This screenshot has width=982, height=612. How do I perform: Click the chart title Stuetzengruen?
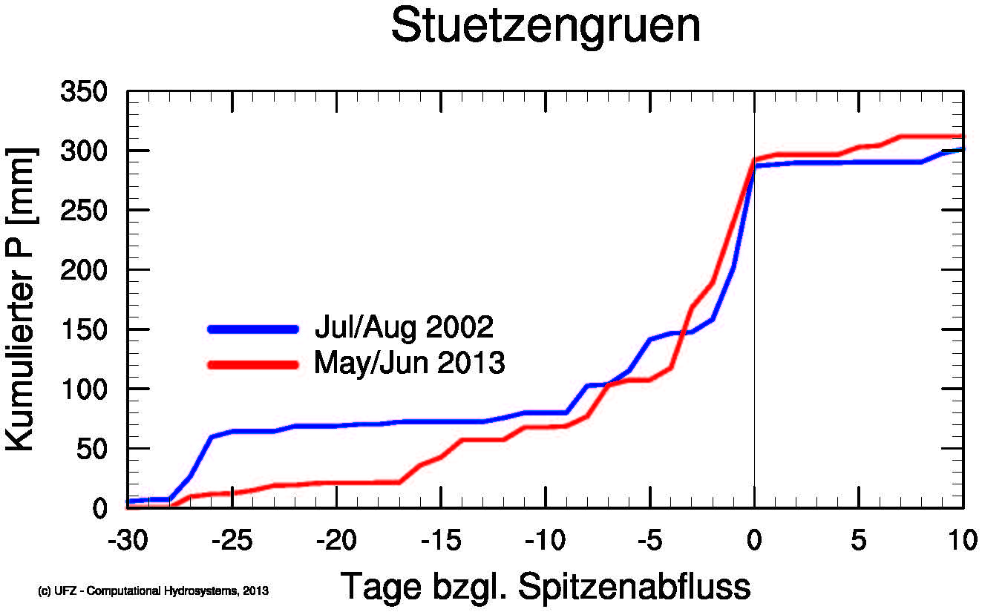point(546,27)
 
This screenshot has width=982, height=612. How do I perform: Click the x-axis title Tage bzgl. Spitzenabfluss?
point(546,587)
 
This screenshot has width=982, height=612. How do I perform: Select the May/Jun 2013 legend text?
point(410,363)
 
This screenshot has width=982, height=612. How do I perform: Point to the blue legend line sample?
point(253,329)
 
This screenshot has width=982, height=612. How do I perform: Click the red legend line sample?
point(253,364)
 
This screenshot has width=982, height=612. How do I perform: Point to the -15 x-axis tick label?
point(441,540)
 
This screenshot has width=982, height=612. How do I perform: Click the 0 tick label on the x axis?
point(755,540)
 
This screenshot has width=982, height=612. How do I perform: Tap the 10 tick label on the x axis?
point(963,540)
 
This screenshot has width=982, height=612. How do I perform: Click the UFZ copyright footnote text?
point(153,591)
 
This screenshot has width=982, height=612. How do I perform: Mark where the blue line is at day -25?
point(232,431)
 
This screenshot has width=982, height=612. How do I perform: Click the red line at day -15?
point(441,456)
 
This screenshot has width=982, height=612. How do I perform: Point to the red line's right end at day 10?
point(963,136)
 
